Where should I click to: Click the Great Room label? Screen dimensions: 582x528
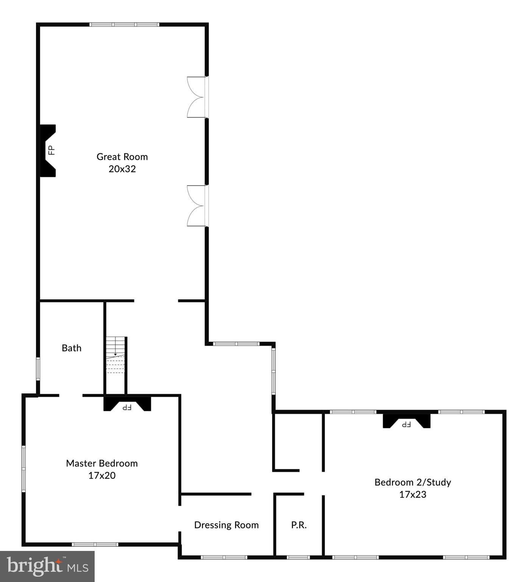122,156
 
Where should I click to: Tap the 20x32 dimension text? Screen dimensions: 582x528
122,169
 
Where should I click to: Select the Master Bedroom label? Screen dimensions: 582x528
102,463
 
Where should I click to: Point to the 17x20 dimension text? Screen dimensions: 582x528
102,476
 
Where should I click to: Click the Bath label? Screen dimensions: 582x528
72,348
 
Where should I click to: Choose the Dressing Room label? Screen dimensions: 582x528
226,525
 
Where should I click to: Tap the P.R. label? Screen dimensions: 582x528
299,525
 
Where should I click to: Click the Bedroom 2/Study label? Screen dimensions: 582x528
413,482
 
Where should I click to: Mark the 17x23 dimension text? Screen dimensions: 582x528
413,494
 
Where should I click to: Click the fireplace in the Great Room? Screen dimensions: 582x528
48,150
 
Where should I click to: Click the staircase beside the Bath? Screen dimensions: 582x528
115,355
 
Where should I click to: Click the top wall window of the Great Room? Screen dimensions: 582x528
124,25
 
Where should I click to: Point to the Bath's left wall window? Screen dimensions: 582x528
38,369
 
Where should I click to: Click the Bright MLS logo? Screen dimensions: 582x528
47,566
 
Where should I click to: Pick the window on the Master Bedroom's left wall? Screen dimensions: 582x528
23,469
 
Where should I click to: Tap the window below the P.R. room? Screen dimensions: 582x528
298,557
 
